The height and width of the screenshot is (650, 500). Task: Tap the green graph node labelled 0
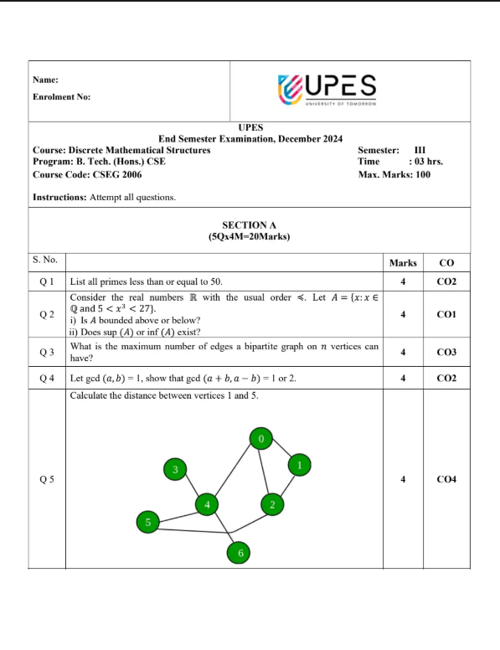pyautogui.click(x=261, y=437)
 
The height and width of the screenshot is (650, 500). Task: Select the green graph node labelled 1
pyautogui.click(x=300, y=463)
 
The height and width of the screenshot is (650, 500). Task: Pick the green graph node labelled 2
pyautogui.click(x=271, y=503)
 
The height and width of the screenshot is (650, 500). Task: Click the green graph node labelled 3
pyautogui.click(x=174, y=470)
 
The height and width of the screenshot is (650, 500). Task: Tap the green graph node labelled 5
pyautogui.click(x=147, y=523)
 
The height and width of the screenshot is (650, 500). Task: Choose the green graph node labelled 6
pyautogui.click(x=240, y=553)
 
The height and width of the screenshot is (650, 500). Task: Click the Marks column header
pyautogui.click(x=403, y=263)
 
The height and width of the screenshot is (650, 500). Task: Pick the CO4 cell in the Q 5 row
pyautogui.click(x=446, y=480)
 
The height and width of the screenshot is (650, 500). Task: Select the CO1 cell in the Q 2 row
pyautogui.click(x=446, y=315)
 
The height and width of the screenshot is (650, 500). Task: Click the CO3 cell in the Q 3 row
pyautogui.click(x=446, y=352)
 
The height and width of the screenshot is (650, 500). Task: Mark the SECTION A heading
pyautogui.click(x=249, y=224)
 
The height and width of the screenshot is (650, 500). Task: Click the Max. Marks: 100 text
pyautogui.click(x=394, y=174)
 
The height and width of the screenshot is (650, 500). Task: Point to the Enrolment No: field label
pyautogui.click(x=61, y=96)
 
